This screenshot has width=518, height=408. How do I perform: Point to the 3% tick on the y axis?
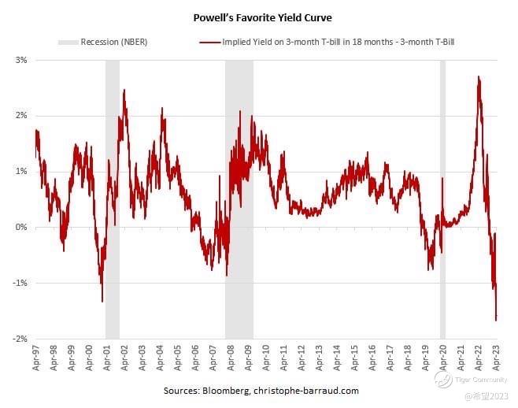pos(20,60)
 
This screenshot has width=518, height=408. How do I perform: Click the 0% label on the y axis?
pos(20,227)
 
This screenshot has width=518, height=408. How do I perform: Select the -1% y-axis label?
pos(19,283)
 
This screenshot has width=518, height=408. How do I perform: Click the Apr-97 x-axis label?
pos(36,358)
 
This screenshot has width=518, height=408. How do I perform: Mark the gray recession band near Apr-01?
pos(113,197)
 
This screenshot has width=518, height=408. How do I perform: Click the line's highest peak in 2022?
pos(479,77)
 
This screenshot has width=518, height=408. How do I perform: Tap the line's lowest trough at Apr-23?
pos(496,319)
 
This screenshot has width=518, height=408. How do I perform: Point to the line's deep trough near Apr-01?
pos(102,300)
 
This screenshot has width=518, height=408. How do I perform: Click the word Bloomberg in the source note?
pos(227,391)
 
